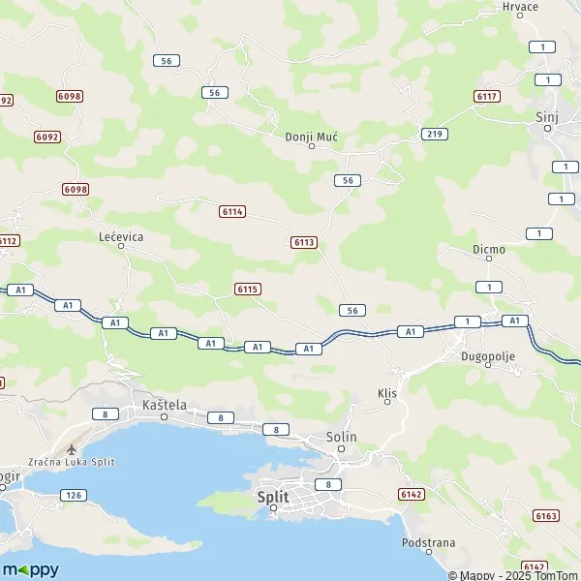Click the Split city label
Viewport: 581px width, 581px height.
coord(273,496)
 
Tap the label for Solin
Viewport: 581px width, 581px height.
coord(341,437)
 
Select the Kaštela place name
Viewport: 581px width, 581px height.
coord(163,405)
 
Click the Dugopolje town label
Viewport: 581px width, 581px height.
coord(487,356)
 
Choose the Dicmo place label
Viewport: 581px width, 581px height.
coord(488,249)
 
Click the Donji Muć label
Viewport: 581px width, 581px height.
coord(311,137)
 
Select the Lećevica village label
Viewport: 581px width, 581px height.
coord(121,235)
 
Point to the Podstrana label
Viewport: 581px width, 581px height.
coord(428,543)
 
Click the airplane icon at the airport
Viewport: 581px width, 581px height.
coord(71,449)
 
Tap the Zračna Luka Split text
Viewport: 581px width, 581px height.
coord(72,462)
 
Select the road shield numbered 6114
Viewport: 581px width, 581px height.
coord(232,211)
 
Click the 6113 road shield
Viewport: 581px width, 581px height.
coord(303,241)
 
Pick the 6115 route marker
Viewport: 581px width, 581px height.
coord(247,289)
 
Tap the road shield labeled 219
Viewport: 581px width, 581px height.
coord(433,133)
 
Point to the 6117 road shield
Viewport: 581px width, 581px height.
coord(486,96)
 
